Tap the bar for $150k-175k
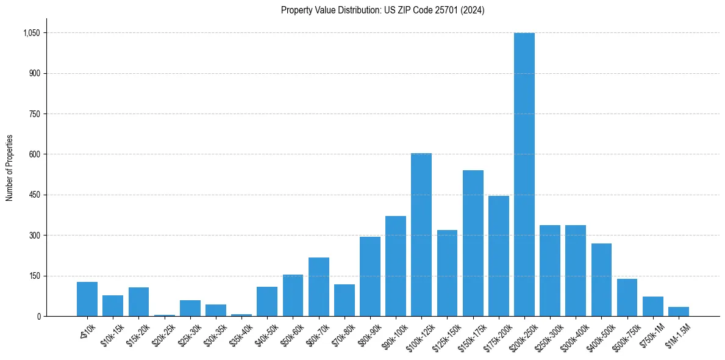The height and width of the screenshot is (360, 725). coord(473,243)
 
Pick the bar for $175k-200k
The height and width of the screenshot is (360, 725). coord(498,256)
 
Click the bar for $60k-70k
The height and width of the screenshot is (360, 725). coord(318,287)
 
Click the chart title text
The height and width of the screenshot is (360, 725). coord(382,10)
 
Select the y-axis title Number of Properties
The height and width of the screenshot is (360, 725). coord(10,168)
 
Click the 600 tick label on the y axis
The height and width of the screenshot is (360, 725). coord(35,154)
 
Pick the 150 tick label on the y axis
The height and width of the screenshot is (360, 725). coord(35,276)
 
